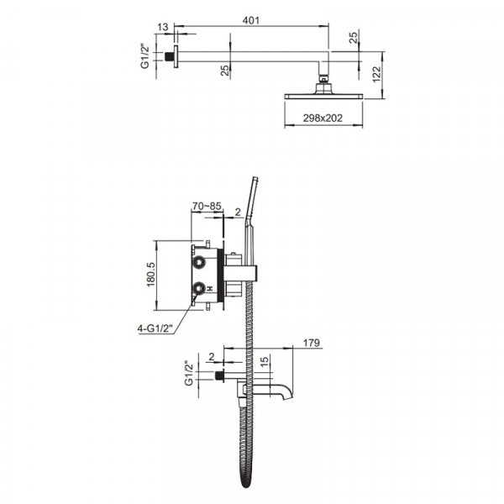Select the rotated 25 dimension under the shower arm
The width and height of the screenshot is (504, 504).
point(225,71)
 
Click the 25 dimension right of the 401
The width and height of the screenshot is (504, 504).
point(355,39)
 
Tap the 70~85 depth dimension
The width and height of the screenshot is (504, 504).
point(207,204)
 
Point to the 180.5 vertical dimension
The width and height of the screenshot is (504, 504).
point(152,275)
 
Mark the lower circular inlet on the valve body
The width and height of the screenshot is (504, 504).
point(200,290)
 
